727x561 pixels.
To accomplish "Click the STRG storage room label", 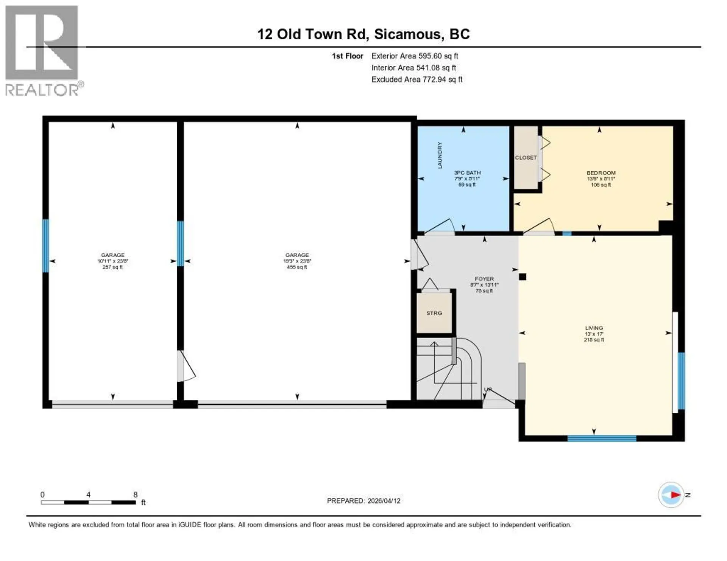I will (434, 313).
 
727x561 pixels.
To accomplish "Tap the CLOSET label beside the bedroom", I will (526, 157).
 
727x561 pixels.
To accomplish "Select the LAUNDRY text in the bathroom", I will (440, 155).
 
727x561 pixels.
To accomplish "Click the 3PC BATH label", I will (467, 173).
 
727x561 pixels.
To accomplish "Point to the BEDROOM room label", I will (601, 173).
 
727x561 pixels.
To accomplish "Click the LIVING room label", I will (594, 328).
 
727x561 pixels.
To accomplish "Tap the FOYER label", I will (484, 279).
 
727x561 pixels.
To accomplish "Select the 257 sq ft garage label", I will (112, 261).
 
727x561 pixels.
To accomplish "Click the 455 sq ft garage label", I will (297, 261).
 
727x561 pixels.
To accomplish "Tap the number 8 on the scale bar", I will (135, 494).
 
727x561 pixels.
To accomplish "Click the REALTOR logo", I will (42, 50).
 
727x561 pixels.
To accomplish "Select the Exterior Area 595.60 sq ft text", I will (415, 56).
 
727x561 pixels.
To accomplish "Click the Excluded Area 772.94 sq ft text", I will (417, 79).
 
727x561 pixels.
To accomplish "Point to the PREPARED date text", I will (363, 500).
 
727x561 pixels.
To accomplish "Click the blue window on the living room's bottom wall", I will (602, 438).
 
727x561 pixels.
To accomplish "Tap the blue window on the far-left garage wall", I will (45, 246).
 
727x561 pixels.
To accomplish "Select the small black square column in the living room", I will (523, 277).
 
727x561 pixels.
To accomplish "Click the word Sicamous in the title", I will (408, 34).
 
